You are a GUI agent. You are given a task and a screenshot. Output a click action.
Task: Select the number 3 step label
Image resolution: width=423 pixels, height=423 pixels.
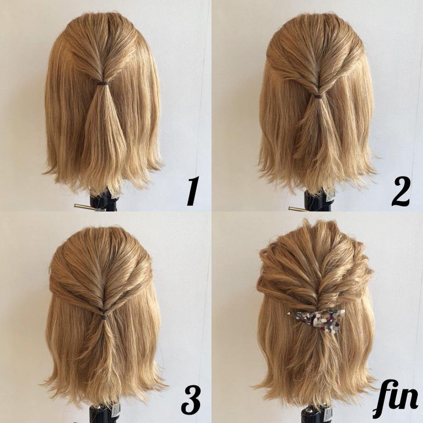click(191, 402)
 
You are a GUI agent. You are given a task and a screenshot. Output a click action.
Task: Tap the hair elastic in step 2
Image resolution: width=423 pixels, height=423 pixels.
click(319, 96)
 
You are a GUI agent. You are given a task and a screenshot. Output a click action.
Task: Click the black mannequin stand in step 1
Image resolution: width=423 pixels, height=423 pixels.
click(104, 201)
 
